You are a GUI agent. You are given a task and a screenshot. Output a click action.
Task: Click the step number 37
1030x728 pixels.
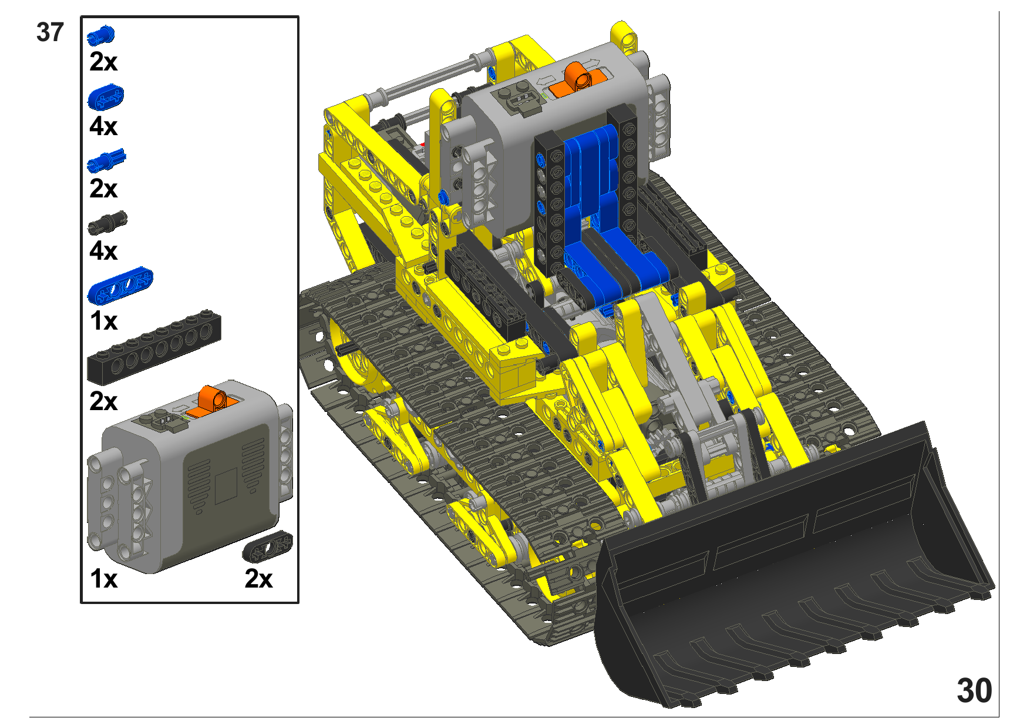49,32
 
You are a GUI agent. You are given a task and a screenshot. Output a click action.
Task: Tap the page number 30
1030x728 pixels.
974,690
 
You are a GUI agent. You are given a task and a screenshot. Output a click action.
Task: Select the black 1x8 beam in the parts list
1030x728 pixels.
154,346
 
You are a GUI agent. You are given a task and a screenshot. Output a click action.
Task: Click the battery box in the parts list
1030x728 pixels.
190,477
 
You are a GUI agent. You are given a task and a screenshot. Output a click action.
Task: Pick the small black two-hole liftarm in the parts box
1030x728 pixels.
267,546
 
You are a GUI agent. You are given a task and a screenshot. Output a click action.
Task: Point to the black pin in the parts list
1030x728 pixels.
107,222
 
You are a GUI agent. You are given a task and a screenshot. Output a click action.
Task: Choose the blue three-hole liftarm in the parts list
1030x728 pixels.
120,285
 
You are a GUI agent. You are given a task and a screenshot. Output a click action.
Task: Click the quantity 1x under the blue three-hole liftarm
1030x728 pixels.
103,321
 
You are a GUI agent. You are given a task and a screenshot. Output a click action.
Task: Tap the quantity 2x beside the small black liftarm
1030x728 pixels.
258,579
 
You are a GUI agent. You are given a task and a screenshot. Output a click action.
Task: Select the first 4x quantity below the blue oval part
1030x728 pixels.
103,126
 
